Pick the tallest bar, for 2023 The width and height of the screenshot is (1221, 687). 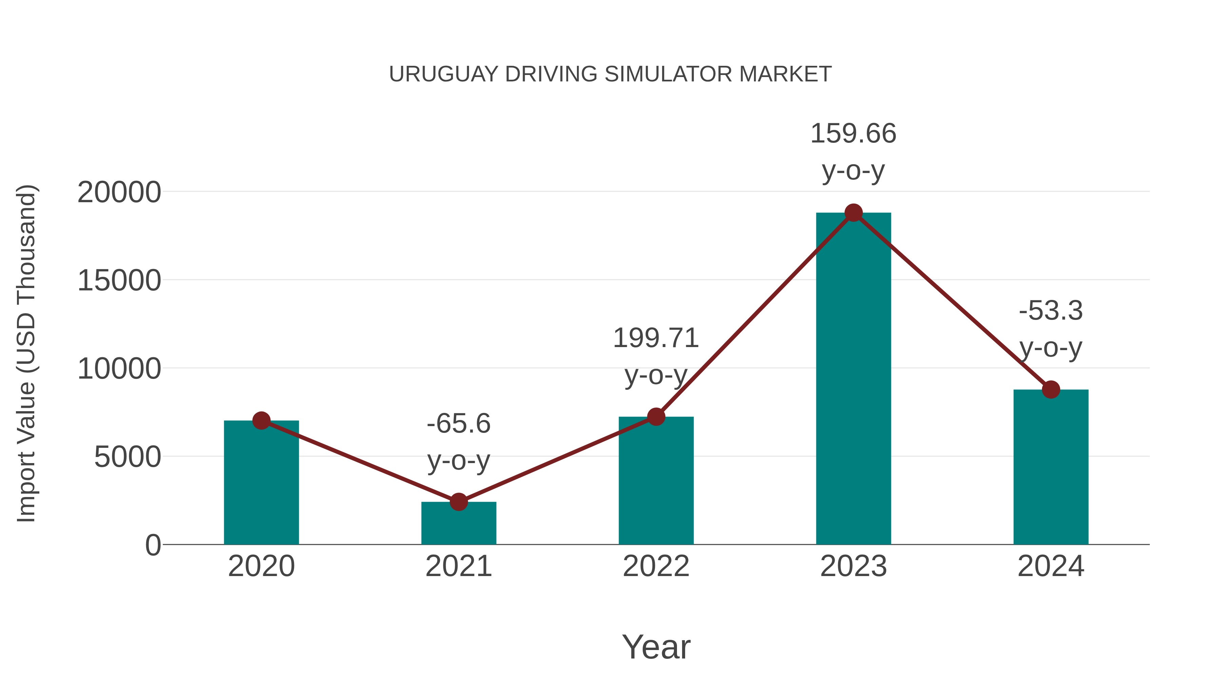pyautogui.click(x=853, y=379)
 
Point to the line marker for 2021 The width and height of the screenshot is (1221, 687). pyautogui.click(x=458, y=502)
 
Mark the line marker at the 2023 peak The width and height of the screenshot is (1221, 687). pyautogui.click(x=853, y=213)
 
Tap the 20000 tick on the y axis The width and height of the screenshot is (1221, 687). pyautogui.click(x=119, y=192)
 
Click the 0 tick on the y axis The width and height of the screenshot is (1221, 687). pyautogui.click(x=153, y=545)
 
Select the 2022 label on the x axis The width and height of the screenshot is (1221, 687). pyautogui.click(x=656, y=566)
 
